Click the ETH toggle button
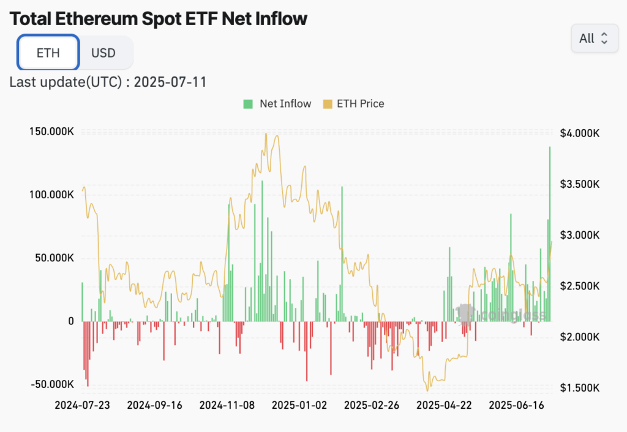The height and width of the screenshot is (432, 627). pyautogui.click(x=48, y=53)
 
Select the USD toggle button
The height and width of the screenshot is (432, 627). pyautogui.click(x=103, y=53)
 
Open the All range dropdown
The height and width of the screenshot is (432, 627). pyautogui.click(x=594, y=39)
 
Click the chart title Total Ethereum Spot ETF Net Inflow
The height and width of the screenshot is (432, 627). pyautogui.click(x=159, y=18)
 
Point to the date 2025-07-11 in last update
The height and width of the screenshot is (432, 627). pyautogui.click(x=170, y=81)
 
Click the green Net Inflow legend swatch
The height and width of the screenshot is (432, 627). pyautogui.click(x=248, y=103)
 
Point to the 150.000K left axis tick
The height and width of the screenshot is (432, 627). pyautogui.click(x=51, y=131)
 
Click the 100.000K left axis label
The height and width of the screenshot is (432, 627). pyautogui.click(x=51, y=195)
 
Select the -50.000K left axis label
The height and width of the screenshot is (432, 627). pyautogui.click(x=51, y=384)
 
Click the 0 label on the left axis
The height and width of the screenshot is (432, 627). pyautogui.click(x=70, y=321)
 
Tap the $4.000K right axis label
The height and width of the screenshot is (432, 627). pyautogui.click(x=579, y=133)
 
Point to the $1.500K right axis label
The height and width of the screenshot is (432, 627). pyautogui.click(x=579, y=388)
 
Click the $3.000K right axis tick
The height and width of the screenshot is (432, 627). pyautogui.click(x=579, y=235)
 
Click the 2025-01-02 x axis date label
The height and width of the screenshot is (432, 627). pyautogui.click(x=299, y=405)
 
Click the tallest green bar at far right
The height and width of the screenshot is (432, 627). pyautogui.click(x=549, y=233)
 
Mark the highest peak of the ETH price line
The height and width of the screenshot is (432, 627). pyautogui.click(x=266, y=135)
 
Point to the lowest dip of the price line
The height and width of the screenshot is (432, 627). pyautogui.click(x=428, y=390)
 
